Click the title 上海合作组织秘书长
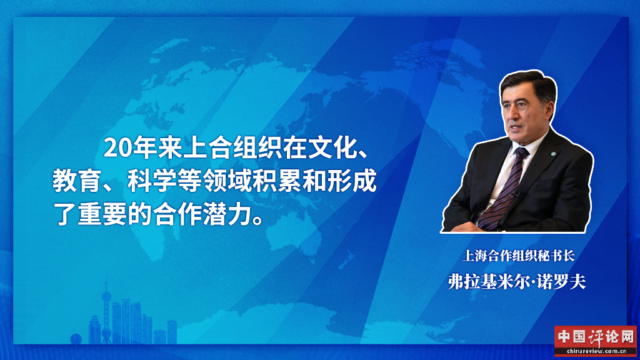(x=518, y=256)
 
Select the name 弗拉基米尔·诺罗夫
(x=517, y=282)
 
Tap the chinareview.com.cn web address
(x=596, y=351)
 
